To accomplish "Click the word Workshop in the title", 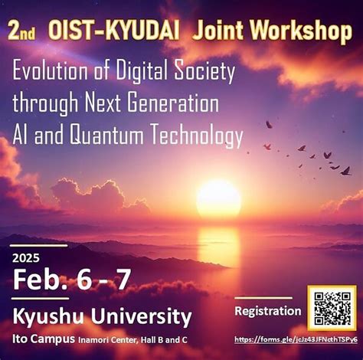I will pos(301,31).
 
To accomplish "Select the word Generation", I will pos(175,104).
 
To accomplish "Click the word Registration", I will pos(267,310).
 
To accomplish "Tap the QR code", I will pos(332,308).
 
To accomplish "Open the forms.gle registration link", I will pos(296,339).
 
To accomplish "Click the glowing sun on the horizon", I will pos(218,198).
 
